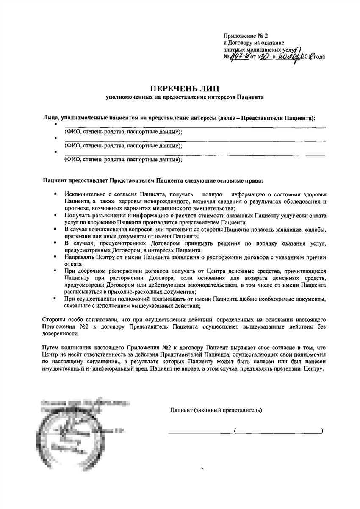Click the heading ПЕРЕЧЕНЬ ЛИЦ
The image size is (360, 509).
[185, 89]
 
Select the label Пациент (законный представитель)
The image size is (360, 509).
[216, 410]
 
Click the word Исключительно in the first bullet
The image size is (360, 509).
[83, 194]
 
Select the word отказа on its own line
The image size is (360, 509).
[72, 263]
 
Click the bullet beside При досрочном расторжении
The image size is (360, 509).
[55, 271]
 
